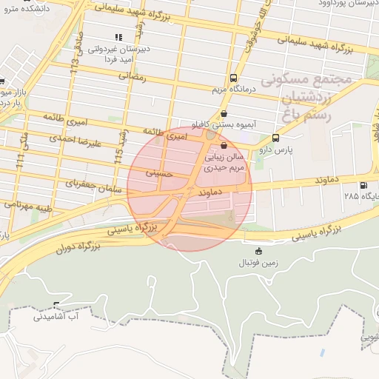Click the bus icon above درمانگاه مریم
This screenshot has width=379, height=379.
pyautogui.click(x=234, y=78)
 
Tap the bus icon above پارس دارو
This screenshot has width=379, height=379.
pyautogui.click(x=276, y=138)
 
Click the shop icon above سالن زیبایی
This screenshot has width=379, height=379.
pyautogui.click(x=224, y=147)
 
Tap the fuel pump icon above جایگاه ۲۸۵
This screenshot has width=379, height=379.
pyautogui.click(x=362, y=185)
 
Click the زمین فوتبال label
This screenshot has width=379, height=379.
pyautogui.click(x=255, y=263)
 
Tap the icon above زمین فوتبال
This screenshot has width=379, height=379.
pyautogui.click(x=258, y=251)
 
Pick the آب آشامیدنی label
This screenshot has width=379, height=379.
pyautogui.click(x=56, y=316)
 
